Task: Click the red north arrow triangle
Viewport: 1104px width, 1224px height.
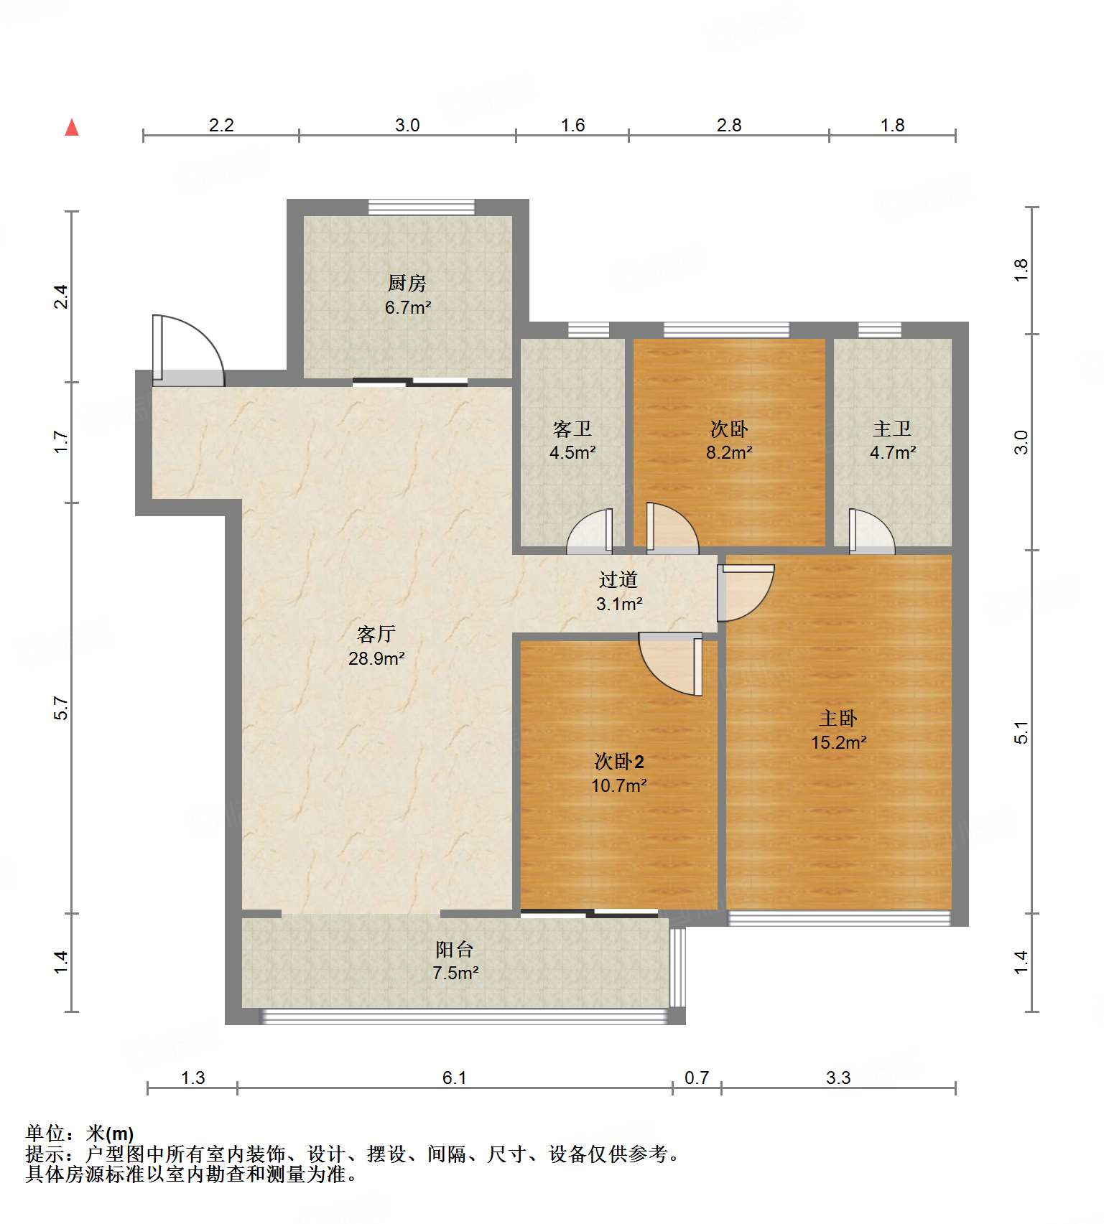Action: [x=72, y=128]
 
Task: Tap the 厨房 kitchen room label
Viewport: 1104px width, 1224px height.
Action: [x=407, y=284]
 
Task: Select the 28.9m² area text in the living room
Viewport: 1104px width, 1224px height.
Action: [x=376, y=658]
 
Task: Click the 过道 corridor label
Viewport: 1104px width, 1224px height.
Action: [x=618, y=579]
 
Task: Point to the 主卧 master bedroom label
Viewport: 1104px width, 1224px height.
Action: [x=838, y=719]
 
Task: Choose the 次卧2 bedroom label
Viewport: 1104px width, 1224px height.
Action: [x=619, y=761]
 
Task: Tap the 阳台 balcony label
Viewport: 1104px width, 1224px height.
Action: [x=455, y=950]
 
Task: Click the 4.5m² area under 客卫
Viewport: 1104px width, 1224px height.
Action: [x=572, y=453]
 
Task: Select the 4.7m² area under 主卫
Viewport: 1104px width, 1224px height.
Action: [x=893, y=453]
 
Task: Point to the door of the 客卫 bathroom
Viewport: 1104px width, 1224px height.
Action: [x=590, y=531]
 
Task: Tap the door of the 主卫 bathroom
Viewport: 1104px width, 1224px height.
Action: [x=872, y=531]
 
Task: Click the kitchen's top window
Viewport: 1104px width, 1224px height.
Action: [x=422, y=207]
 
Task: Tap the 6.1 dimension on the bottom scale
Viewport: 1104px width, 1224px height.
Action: [x=455, y=1078]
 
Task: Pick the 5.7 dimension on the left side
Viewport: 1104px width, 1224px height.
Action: [x=62, y=709]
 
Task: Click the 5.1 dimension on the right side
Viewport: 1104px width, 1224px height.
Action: [x=1021, y=732]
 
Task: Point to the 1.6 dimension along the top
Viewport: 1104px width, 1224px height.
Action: [x=572, y=125]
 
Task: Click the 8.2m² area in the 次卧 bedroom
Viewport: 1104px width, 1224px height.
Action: [x=729, y=453]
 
